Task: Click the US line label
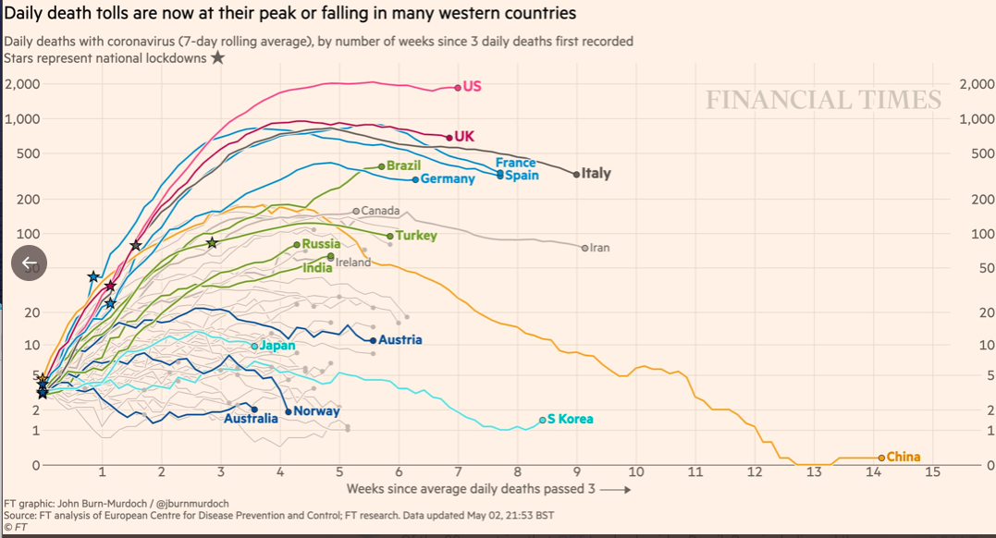coord(472,87)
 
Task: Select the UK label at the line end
coord(464,137)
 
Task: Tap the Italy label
coord(596,173)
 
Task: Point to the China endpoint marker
coord(881,457)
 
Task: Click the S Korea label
coord(570,420)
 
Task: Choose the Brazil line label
coord(403,165)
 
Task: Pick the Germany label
coord(448,178)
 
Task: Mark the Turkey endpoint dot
coord(389,236)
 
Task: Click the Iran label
coord(600,248)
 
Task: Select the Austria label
coord(400,340)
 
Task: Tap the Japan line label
coord(277,346)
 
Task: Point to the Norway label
coord(317,411)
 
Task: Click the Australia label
coord(251,419)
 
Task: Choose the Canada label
coord(380,211)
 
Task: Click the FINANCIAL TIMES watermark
coord(823,100)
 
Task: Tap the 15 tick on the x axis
coord(932,472)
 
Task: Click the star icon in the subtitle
coord(217,57)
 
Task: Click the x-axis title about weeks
coord(470,488)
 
